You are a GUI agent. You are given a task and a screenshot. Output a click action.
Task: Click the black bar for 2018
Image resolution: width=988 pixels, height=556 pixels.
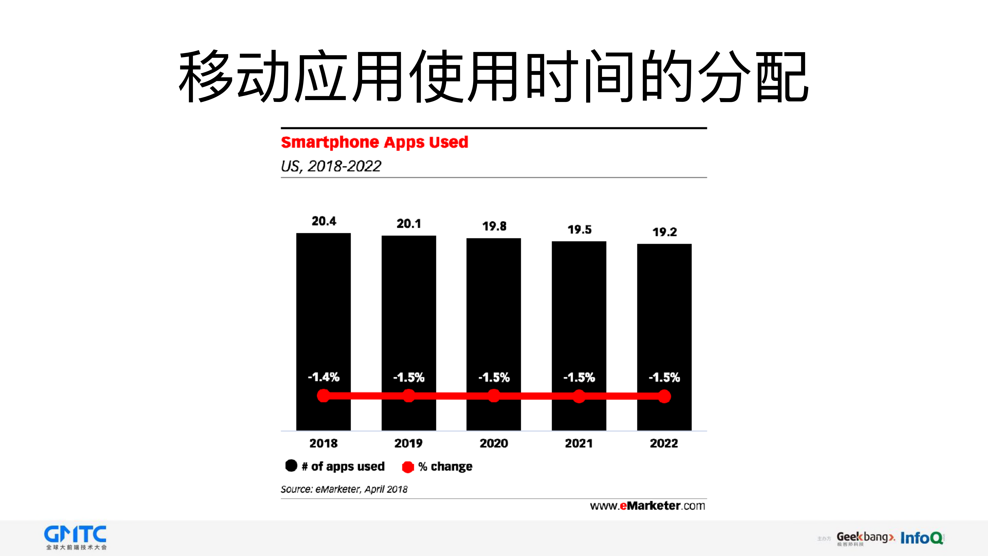click(x=323, y=307)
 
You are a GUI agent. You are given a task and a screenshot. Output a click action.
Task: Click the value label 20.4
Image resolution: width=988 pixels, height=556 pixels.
click(x=324, y=221)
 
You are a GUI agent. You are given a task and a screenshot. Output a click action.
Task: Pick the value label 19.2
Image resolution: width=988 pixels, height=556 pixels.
click(x=665, y=232)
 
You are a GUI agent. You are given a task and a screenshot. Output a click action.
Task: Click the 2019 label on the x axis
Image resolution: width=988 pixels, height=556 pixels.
click(x=408, y=443)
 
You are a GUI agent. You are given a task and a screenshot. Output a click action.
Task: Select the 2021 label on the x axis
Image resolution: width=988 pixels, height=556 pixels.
click(x=579, y=443)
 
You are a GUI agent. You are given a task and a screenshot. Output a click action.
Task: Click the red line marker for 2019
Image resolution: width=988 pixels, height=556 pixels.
click(x=409, y=396)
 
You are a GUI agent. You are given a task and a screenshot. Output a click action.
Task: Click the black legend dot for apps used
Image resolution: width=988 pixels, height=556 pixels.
click(x=291, y=465)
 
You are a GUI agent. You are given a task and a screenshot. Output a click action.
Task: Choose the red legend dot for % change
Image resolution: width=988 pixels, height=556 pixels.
click(x=408, y=467)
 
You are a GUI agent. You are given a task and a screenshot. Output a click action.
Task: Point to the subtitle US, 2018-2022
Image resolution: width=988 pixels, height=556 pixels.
click(x=331, y=166)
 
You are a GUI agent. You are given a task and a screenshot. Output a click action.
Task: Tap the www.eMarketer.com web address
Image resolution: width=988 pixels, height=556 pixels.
click(x=647, y=506)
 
